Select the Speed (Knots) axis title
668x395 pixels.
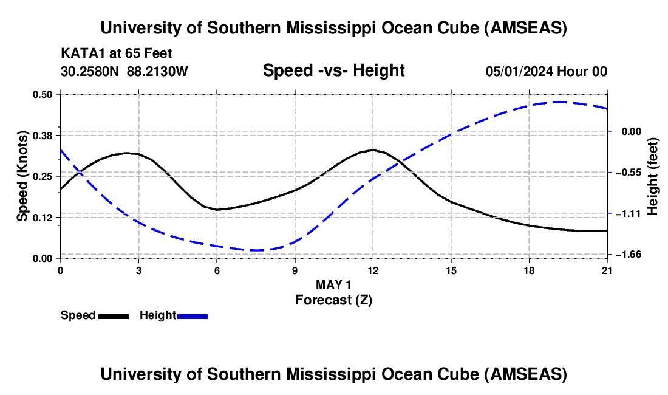click(x=22, y=176)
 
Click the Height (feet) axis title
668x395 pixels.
click(x=653, y=176)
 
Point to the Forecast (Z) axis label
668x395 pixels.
click(x=333, y=300)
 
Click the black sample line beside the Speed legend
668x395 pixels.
click(x=114, y=316)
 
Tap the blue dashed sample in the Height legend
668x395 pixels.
click(x=193, y=316)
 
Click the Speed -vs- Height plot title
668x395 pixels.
click(x=333, y=71)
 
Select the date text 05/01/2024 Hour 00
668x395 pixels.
click(x=547, y=72)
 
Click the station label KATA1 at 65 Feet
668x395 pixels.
click(x=117, y=53)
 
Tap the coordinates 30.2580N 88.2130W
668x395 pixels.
click(x=124, y=72)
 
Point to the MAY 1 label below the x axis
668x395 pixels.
click(x=333, y=284)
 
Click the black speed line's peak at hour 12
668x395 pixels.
click(x=373, y=149)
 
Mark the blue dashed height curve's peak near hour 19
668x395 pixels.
click(x=560, y=102)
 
